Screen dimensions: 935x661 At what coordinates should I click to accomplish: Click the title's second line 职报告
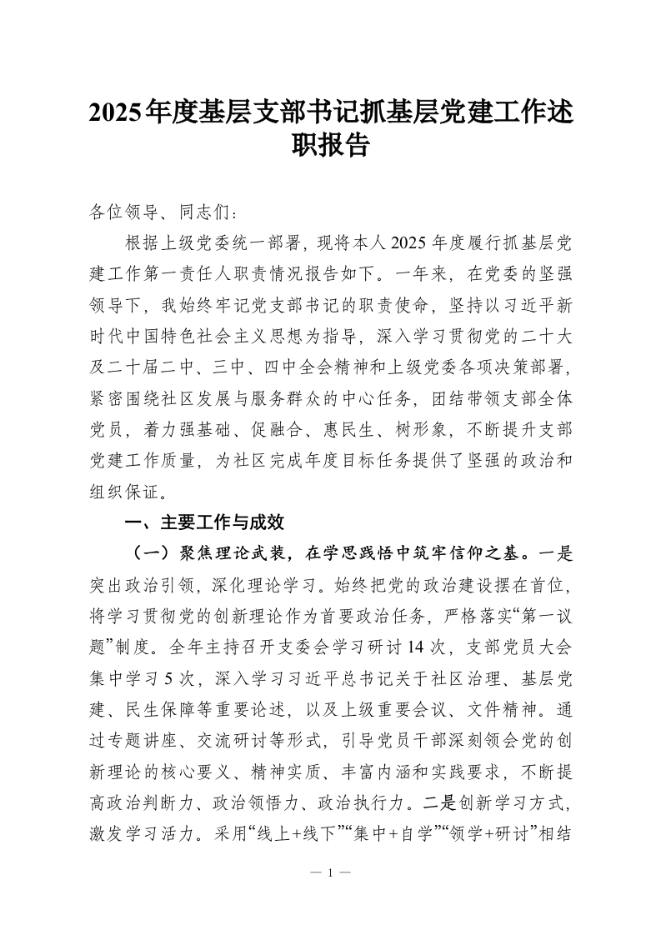coord(330,147)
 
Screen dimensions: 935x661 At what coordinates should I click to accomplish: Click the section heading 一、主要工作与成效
coord(203,522)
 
